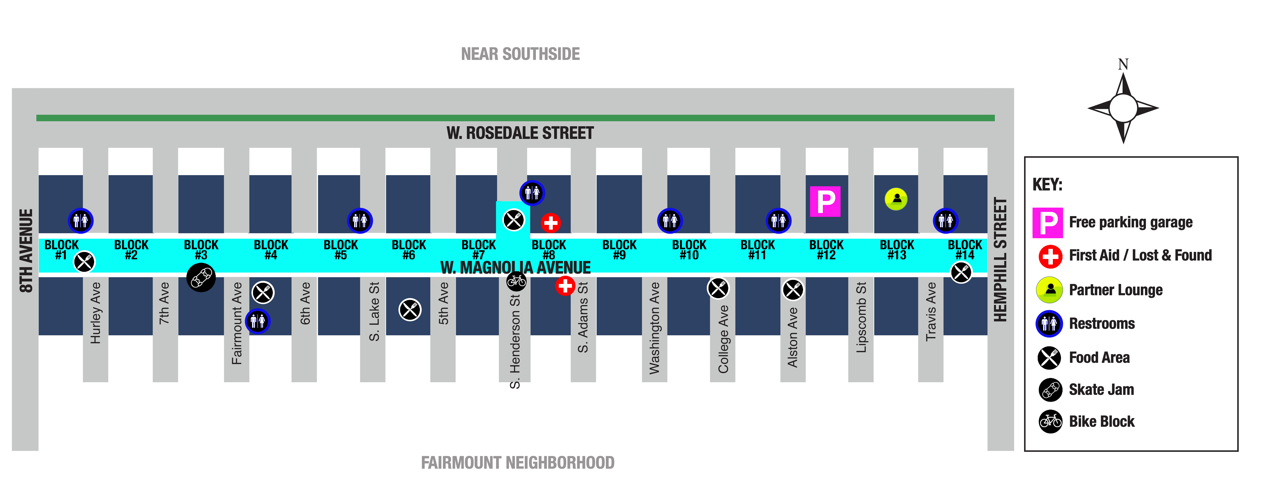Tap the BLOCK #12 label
click(x=826, y=250)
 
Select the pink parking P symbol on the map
click(x=825, y=201)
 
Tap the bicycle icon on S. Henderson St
click(x=516, y=281)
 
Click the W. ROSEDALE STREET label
click(x=520, y=133)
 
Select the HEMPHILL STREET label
click(x=1000, y=260)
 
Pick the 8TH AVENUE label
click(x=26, y=251)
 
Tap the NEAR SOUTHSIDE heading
click(x=520, y=54)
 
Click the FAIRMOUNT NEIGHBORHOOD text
click(x=518, y=463)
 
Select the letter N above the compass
click(x=1123, y=64)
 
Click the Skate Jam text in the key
click(x=1101, y=390)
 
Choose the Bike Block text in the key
click(x=1102, y=422)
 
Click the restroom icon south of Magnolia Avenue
click(x=258, y=321)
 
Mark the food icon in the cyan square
click(x=514, y=220)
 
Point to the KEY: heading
click(x=1048, y=185)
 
